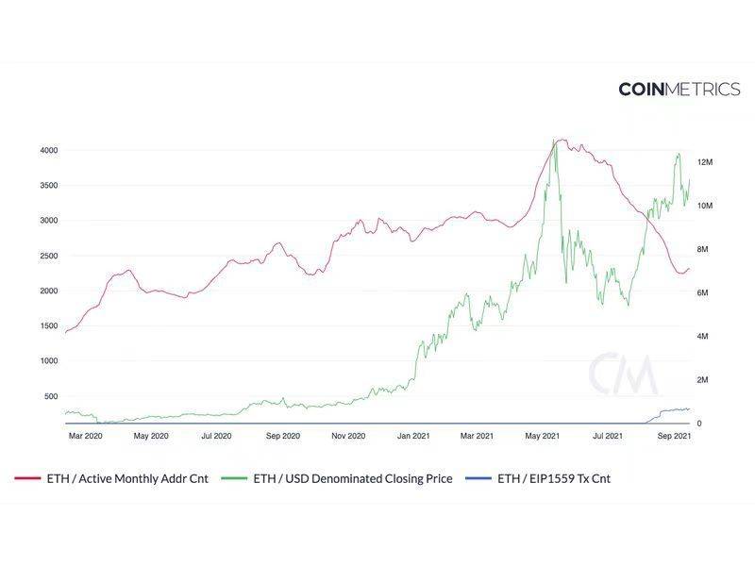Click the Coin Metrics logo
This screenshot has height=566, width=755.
coord(679,89)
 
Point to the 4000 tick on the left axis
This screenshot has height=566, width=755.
coord(49,150)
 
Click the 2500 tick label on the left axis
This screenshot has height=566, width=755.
coord(49,256)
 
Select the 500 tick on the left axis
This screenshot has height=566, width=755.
coord(52,396)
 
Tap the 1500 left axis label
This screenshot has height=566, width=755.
coord(49,325)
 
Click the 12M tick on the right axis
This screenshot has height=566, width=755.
coord(705,162)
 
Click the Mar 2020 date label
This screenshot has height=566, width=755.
coord(86,436)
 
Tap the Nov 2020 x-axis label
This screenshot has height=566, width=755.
coord(348,436)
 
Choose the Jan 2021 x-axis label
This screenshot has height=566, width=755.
coord(413,436)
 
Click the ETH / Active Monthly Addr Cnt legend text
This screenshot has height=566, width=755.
coord(126,478)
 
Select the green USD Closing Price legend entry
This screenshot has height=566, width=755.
coord(352,478)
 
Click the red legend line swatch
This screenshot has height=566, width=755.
coord(27,478)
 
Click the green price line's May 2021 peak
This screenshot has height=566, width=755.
coord(556,141)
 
